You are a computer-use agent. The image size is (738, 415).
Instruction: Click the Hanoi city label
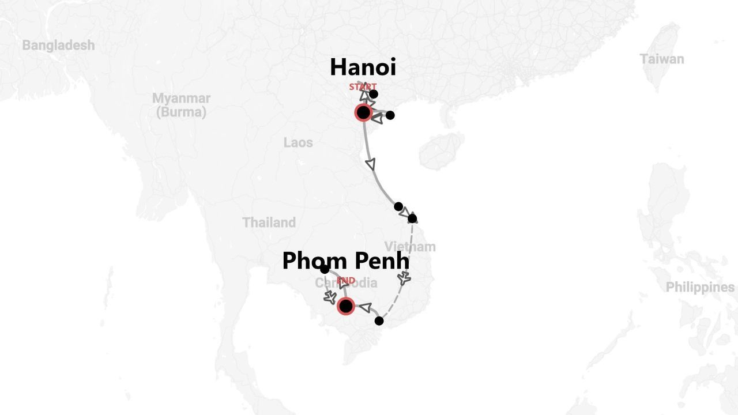tap(363, 67)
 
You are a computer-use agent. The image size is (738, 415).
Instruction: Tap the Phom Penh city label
tap(345, 261)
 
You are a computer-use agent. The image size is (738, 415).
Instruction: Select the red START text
tap(363, 87)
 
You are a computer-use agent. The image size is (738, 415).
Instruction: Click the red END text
tap(346, 281)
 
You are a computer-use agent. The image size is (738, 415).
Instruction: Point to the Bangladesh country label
tap(58, 45)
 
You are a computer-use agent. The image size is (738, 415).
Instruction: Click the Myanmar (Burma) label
tap(181, 105)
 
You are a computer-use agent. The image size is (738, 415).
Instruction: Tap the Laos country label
tap(298, 142)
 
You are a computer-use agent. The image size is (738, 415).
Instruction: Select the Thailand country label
tap(269, 222)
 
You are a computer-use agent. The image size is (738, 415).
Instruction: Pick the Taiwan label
tap(662, 59)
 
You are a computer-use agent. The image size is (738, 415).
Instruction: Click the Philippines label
tap(700, 287)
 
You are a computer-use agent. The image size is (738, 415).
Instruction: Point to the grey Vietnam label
tap(410, 247)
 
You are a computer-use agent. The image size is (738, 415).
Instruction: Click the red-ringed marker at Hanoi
tap(363, 112)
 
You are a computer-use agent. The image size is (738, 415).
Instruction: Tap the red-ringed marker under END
tap(346, 306)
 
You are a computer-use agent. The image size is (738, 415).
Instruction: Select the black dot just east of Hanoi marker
tap(390, 115)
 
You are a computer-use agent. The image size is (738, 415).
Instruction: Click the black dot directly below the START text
tap(374, 94)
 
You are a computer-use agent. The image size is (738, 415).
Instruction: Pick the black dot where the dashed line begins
tap(412, 218)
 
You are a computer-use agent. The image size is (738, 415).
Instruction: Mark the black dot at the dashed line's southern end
tap(379, 321)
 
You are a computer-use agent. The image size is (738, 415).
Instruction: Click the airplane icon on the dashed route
tap(405, 280)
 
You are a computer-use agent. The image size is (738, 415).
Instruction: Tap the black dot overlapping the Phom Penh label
tap(325, 269)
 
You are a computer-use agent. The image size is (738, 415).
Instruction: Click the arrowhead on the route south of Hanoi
tap(371, 164)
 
